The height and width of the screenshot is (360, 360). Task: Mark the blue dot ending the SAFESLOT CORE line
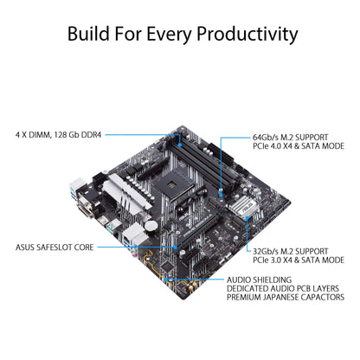tap(176, 247)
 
